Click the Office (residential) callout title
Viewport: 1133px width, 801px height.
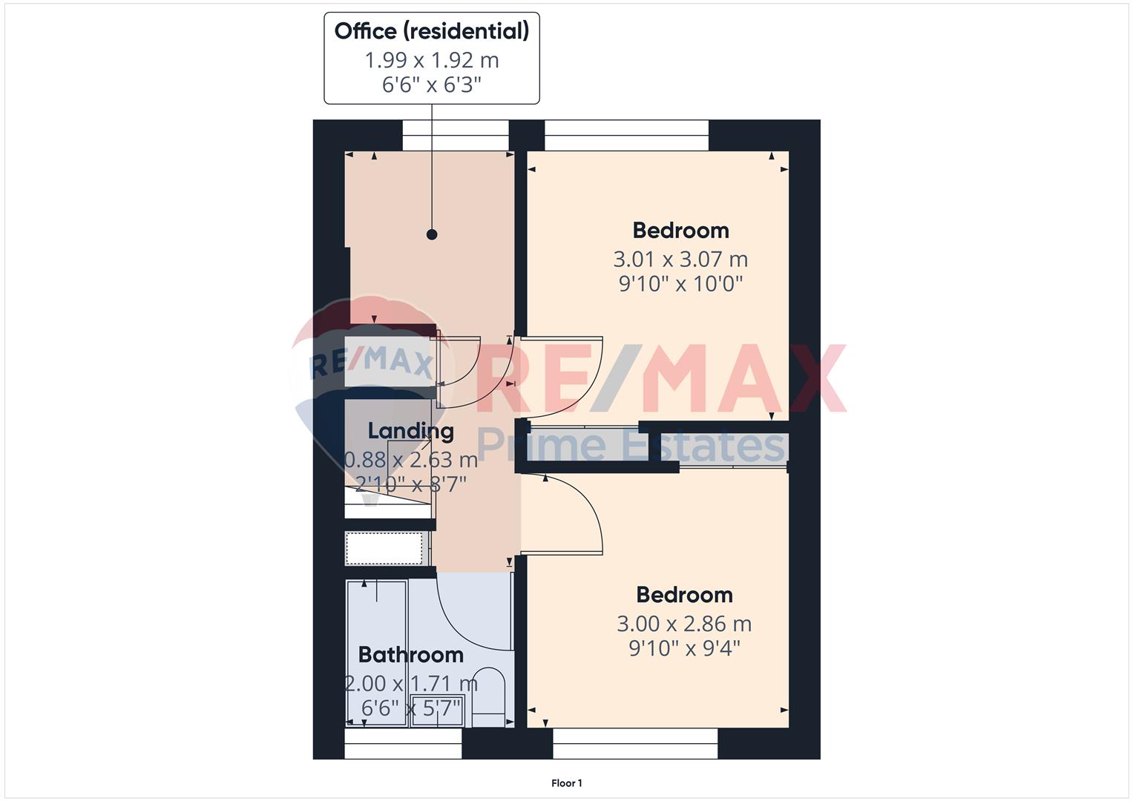[x=431, y=31]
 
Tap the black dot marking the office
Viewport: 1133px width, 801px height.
[x=431, y=234]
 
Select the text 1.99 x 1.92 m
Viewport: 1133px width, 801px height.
[x=431, y=60]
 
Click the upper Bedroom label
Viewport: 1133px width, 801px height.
[x=681, y=231]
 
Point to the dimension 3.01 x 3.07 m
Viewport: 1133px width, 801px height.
[x=680, y=260]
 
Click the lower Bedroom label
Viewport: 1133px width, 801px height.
[x=684, y=595]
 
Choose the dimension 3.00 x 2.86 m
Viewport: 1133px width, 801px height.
[x=684, y=624]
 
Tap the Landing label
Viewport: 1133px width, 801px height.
[x=411, y=432]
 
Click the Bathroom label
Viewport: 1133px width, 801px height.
[x=411, y=655]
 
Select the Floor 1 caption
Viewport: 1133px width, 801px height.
[x=567, y=783]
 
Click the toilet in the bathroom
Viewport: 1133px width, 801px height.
[x=488, y=698]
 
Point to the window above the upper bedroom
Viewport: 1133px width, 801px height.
[x=626, y=136]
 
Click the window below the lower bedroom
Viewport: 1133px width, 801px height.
[x=635, y=743]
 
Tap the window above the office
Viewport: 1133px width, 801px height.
[x=456, y=136]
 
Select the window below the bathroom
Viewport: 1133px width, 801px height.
[x=403, y=743]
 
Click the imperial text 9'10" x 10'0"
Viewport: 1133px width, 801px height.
[x=681, y=283]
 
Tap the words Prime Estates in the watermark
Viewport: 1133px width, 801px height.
[x=631, y=445]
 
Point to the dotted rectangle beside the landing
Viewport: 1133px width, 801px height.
[x=384, y=548]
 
